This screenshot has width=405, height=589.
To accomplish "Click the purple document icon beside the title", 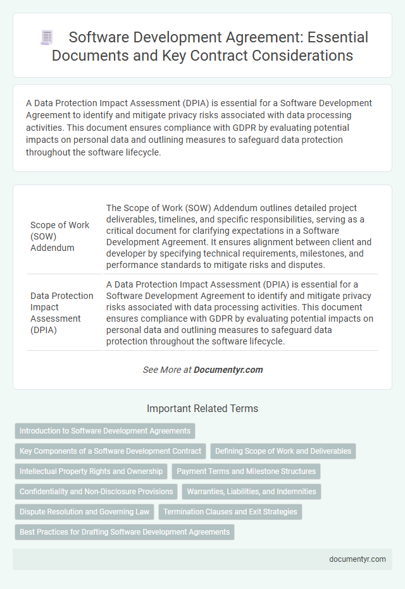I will pos(47,37).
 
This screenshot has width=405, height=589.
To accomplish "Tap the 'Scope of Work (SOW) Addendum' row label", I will pos(60,236).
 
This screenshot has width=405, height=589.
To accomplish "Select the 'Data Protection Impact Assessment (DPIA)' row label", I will pos(61,312).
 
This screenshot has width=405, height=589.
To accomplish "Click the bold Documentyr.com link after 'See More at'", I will pos(228,370).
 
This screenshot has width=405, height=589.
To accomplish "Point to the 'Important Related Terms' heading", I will pos(202,409).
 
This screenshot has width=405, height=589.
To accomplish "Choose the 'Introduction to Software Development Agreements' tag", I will pos(105,431).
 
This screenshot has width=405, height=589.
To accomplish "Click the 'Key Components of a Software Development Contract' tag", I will pos(110,451).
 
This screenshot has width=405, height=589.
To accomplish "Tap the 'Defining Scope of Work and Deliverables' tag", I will pos(283,451).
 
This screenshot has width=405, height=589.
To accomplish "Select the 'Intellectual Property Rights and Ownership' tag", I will pos(90,471).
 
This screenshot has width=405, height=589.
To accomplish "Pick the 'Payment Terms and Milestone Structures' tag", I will pos(246,471).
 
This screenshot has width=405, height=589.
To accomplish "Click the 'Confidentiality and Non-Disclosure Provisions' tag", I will pos(96,491).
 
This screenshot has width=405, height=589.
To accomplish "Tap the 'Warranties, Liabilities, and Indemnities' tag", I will pos(252,491).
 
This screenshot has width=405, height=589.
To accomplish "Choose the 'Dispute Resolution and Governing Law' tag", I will pos(84,511).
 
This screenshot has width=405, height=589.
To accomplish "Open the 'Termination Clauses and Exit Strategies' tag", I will pos(230,511).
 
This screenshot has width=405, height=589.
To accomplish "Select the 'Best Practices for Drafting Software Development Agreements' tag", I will pos(125,531).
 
